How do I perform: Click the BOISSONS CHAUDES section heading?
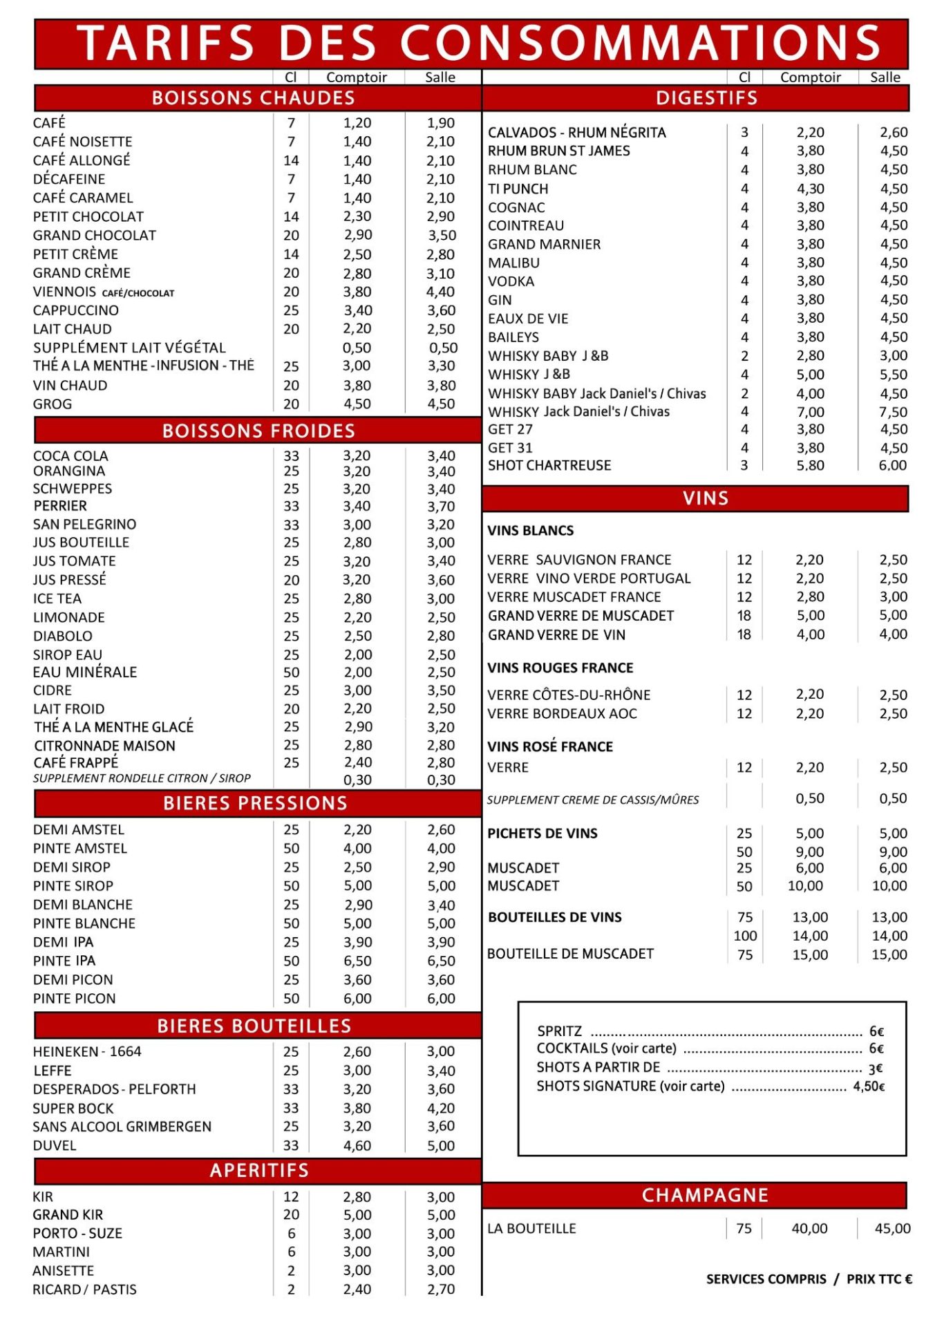point(253,98)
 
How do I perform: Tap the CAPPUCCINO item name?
point(76,310)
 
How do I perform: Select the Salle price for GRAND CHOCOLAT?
point(441,235)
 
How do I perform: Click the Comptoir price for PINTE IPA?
point(357,961)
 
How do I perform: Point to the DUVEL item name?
point(55,1145)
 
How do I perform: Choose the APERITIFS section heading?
point(259,1170)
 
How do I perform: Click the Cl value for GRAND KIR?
point(291,1214)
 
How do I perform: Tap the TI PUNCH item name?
point(518,189)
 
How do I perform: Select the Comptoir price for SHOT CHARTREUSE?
point(810,465)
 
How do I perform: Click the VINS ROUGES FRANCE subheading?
point(560,668)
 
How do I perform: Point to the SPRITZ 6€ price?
point(876,1031)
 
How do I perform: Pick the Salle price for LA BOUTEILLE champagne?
point(892,1228)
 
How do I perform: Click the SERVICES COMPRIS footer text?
point(766,1279)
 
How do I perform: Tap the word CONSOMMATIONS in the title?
point(640,43)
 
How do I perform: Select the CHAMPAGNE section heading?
point(705,1195)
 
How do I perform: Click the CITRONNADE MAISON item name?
point(104,746)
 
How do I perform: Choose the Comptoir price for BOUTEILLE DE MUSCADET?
point(810,954)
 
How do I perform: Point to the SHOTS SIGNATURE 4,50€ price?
point(869,1086)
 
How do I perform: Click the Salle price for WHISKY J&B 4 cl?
point(893,375)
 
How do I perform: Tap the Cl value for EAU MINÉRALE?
point(291,672)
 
